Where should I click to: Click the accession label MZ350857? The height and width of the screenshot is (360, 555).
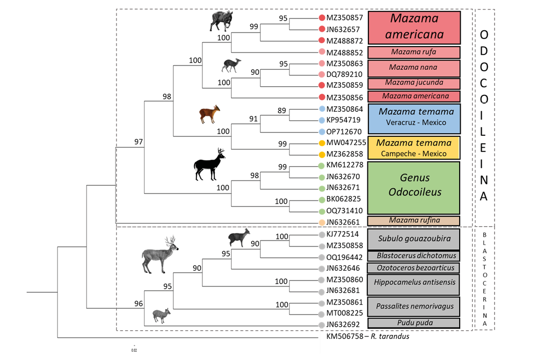tap(344, 18)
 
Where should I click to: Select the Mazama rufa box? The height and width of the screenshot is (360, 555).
tap(414, 52)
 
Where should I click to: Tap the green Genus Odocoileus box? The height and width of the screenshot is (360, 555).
tap(414, 188)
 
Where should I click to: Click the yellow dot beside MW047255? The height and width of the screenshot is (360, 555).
tap(322, 143)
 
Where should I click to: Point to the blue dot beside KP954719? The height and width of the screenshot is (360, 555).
tap(322, 121)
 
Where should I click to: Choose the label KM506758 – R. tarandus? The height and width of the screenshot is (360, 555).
tap(368, 336)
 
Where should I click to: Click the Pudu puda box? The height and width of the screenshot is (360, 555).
tap(414, 323)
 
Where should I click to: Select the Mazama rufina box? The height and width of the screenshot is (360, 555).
tap(414, 221)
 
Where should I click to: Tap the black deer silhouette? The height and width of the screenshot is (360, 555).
tap(210, 165)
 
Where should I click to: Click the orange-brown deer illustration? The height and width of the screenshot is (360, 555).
tap(210, 114)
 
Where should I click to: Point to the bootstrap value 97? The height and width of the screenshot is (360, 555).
tap(138, 142)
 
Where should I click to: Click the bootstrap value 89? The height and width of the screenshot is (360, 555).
tap(282, 111)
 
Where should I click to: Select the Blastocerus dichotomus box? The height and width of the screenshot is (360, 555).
tap(414, 256)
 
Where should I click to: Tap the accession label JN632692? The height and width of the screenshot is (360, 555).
tap(343, 325)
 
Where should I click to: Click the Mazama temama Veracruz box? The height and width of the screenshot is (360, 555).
tap(414, 118)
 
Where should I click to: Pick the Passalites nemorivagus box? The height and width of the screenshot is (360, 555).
tap(414, 307)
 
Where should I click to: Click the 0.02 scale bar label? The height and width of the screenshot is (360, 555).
tap(134, 350)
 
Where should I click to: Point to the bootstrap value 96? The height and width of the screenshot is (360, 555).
tap(138, 304)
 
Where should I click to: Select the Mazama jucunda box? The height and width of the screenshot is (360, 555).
tap(414, 84)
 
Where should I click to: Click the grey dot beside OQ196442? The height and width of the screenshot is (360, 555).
tap(321, 257)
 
